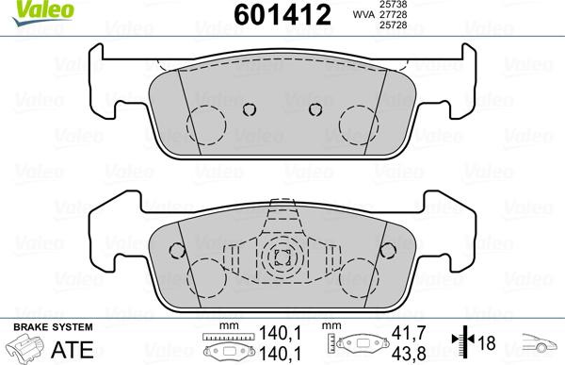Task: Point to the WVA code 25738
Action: coord(394,6)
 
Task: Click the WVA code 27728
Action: coord(394,16)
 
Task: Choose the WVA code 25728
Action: coord(394,26)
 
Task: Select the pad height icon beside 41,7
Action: coord(360,346)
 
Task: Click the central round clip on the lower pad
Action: coord(279,256)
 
